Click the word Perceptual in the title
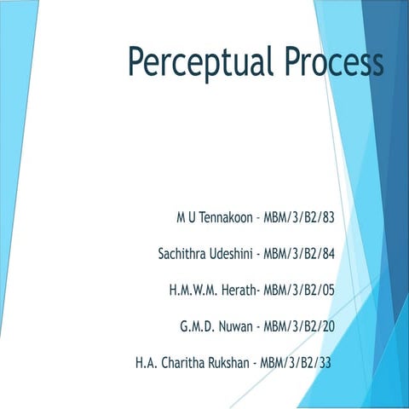tap(197, 61)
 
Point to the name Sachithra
tap(184, 253)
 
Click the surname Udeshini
tap(233, 253)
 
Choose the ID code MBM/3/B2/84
tap(298, 253)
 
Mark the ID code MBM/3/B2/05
tap(299, 290)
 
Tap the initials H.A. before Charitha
tap(146, 363)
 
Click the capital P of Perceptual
tap(137, 61)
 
